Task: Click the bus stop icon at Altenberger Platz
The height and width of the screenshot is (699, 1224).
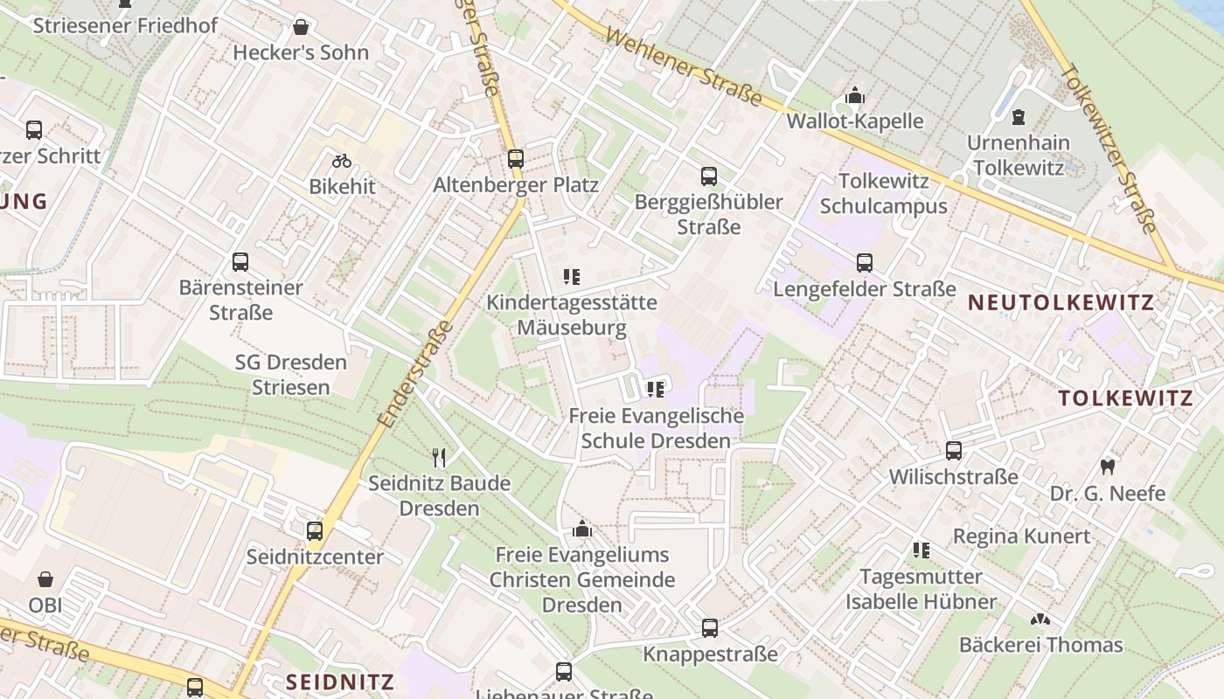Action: (516, 159)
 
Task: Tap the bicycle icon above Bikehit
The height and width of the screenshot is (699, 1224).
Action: (342, 161)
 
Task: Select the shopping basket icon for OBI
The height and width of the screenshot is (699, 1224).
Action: (45, 579)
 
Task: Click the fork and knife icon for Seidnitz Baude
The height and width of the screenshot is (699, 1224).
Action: (439, 457)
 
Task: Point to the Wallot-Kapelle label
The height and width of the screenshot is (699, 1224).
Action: (855, 121)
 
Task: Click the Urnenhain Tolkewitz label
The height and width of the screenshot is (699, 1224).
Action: (1018, 155)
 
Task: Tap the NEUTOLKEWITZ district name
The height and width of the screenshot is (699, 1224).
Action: (1061, 302)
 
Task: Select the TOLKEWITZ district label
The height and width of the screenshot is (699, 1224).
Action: (1125, 398)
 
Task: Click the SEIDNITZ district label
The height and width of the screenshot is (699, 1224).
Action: (340, 682)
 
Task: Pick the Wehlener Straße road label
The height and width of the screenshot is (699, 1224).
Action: (683, 66)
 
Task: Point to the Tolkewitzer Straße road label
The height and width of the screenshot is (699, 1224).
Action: (1109, 148)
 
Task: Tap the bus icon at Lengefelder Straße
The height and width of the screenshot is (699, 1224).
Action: (865, 262)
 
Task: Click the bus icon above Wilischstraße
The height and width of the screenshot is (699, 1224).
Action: (954, 451)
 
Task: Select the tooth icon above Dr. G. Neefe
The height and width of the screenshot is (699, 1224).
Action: (1108, 467)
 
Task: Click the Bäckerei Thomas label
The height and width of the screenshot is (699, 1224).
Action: (1040, 645)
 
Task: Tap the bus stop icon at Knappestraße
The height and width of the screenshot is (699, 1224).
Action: (710, 628)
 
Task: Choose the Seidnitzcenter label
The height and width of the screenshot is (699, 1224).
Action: (315, 557)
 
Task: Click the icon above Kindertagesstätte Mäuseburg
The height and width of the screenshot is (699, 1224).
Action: (572, 277)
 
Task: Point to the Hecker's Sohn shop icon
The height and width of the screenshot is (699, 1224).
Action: (301, 27)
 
